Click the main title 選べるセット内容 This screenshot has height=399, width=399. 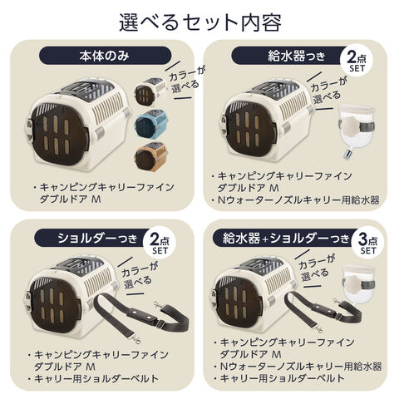tap(200, 22)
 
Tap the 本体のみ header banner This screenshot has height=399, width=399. tap(105, 56)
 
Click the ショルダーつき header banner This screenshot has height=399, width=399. tap(93, 238)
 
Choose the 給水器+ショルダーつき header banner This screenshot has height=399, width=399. tap(285, 238)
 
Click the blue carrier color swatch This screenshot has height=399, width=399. tap(151, 122)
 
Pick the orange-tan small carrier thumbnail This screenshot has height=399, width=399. tap(150, 154)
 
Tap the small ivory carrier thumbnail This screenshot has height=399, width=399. tap(151, 91)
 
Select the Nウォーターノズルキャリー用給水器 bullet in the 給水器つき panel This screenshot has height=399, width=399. tap(298, 199)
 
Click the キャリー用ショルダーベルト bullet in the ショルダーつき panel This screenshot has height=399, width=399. tap(93, 378)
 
